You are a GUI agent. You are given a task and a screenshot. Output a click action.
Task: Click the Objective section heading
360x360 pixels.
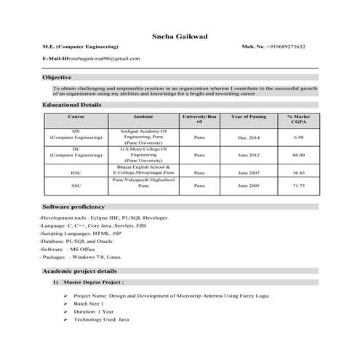coord(57,77)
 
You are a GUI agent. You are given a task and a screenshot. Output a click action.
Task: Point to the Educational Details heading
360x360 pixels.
coord(71,105)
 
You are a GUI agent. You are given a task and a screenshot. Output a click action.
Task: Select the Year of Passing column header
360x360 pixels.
coord(248,116)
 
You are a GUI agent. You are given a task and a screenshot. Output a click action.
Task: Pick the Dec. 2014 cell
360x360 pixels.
coord(248,137)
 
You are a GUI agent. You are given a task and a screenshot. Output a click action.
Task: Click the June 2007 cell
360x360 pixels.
coord(248,172)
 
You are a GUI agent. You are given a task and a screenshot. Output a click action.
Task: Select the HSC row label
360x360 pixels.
coord(76,172)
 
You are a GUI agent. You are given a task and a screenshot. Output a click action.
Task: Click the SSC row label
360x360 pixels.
coord(76,186)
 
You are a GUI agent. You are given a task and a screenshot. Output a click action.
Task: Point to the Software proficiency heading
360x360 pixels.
coord(73,207)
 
